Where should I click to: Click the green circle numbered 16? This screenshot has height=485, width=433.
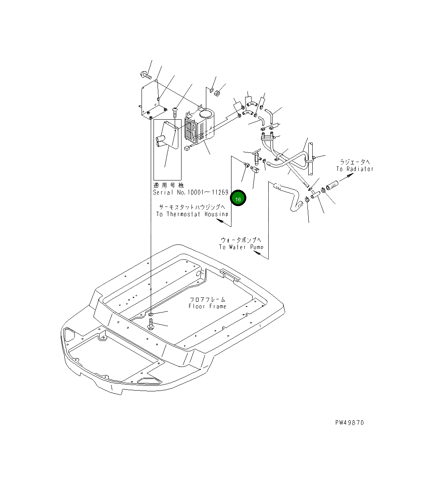click(238, 198)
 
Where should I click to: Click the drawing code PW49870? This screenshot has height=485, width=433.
click(349, 423)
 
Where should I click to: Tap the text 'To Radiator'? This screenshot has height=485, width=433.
click(355, 169)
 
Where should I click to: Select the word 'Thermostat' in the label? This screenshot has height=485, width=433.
click(183, 214)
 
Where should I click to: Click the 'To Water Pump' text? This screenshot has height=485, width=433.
click(241, 247)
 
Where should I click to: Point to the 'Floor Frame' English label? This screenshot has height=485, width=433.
click(208, 306)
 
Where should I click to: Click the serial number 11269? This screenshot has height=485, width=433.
click(220, 192)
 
